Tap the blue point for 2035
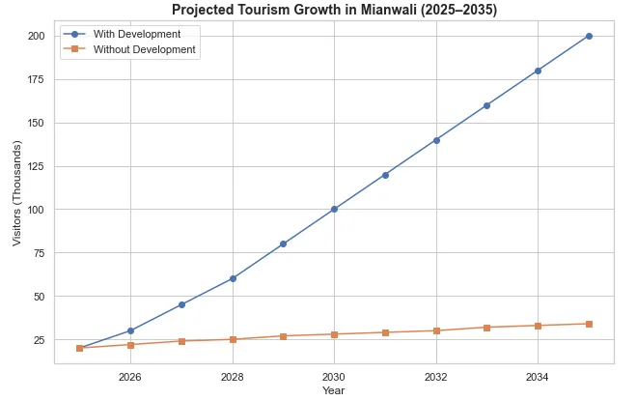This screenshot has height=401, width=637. [x=589, y=36]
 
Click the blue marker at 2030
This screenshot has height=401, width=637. [x=334, y=209]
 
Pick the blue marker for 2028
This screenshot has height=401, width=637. [x=232, y=278]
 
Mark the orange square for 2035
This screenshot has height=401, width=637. [x=589, y=324]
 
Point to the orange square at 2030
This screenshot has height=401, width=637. [x=334, y=334]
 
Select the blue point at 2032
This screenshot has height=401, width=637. [x=436, y=140]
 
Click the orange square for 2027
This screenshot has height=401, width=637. [x=181, y=341]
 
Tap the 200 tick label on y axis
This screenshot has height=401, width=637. [x=37, y=36]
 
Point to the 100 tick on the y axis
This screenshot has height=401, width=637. [x=37, y=210]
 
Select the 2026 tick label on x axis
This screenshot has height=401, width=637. [x=130, y=376]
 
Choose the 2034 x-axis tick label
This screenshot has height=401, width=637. [x=538, y=376]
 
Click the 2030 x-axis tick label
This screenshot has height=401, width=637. [x=334, y=376]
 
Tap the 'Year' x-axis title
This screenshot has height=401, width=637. [x=334, y=391]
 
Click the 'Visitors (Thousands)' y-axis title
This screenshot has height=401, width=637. [x=16, y=193]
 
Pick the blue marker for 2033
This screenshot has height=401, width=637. [x=486, y=105]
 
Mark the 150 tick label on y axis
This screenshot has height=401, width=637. [x=37, y=123]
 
